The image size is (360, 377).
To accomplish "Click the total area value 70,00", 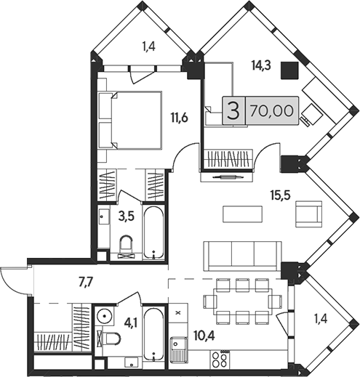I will pyautogui.click(x=265, y=111).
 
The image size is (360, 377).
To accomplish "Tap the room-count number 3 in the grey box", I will pyautogui.click(x=233, y=111).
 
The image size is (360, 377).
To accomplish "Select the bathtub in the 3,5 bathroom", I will pyautogui.click(x=153, y=232).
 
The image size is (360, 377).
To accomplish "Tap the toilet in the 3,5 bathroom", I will pyautogui.click(x=127, y=247).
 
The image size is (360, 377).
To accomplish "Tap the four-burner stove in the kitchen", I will pyautogui.click(x=220, y=357).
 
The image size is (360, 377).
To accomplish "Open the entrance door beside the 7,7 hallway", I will pyautogui.click(x=13, y=280).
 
